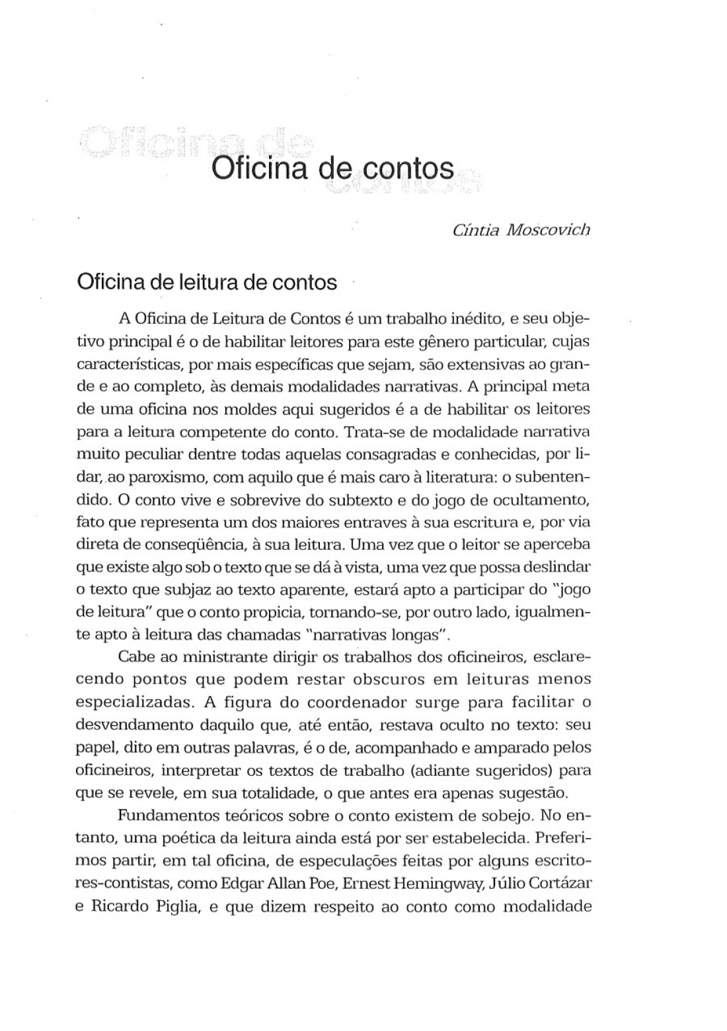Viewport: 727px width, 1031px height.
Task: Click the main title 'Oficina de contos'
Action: [x=332, y=169]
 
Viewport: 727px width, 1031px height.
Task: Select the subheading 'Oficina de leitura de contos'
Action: [x=207, y=282]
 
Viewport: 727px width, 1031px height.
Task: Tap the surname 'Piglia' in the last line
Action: [x=173, y=907]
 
